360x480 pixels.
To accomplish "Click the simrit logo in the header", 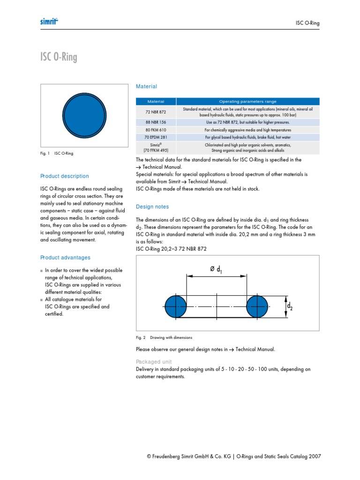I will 49,22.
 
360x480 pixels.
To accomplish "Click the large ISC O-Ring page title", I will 59,57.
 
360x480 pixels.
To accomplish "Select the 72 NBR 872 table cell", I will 156,112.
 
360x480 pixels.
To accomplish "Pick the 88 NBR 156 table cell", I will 156,122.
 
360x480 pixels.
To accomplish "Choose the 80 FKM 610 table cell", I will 156,130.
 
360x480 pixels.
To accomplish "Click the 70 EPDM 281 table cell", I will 156,137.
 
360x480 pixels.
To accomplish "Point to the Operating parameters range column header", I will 248,101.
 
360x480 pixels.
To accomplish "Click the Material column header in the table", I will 156,101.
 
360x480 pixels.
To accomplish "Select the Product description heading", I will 65,176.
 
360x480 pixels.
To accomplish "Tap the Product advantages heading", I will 66,258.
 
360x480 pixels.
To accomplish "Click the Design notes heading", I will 152,207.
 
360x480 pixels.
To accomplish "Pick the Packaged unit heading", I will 154,362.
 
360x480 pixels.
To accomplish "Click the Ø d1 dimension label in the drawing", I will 216,270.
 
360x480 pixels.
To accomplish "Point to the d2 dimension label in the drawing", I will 290,307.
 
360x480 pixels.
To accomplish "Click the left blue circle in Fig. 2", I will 176,306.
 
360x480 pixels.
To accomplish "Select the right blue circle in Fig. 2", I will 257,306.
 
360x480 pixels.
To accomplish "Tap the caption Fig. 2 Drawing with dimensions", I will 164,337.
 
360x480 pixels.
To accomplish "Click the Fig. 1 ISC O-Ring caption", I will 57,153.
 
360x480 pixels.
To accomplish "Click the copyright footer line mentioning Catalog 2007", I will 233,457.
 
